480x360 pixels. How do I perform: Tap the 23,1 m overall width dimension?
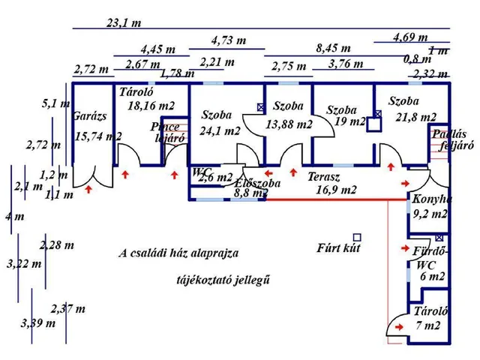pyautogui.click(x=124, y=22)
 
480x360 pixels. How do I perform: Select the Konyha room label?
pyautogui.click(x=431, y=199)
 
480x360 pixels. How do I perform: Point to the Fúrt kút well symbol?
pyautogui.click(x=358, y=237)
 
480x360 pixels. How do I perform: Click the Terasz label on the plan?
pyautogui.click(x=325, y=178)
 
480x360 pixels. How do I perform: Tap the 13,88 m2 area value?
pyautogui.click(x=289, y=124)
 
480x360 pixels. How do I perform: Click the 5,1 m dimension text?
pyautogui.click(x=55, y=104)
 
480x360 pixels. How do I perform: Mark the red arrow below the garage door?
pyautogui.click(x=89, y=190)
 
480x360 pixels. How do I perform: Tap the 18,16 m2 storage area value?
pyautogui.click(x=150, y=106)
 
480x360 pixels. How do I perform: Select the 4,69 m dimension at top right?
pyautogui.click(x=410, y=37)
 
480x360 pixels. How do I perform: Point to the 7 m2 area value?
pyautogui.click(x=429, y=325)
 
